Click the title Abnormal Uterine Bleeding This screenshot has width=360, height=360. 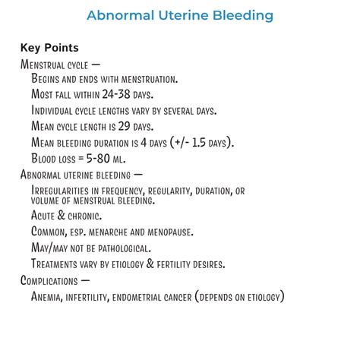180,15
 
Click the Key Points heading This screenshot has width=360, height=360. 49,48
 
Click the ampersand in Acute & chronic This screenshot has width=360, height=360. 63,216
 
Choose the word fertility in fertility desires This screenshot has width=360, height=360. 176,264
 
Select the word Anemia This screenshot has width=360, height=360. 50,295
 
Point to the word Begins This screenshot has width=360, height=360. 48,79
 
